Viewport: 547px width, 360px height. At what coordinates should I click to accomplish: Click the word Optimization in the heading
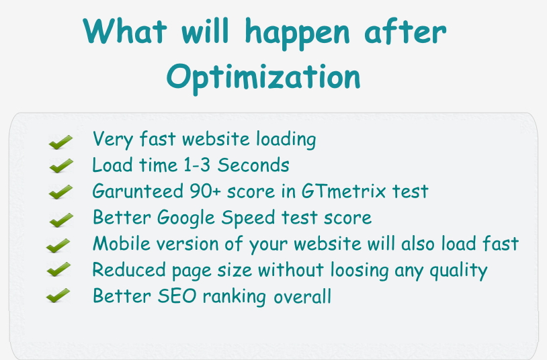263,78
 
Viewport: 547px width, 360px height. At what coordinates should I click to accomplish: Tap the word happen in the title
297,33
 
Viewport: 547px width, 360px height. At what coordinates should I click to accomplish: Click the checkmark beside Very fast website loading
60,142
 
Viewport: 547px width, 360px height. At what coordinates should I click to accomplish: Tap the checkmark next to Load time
61,166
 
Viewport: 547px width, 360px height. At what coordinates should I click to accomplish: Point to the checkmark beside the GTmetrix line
60,192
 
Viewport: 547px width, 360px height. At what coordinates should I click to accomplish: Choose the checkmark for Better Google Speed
61,220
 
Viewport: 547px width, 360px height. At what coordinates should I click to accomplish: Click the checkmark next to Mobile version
58,246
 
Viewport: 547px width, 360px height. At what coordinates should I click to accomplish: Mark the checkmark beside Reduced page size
58,269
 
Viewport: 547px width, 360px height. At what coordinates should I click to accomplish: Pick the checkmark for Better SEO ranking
58,296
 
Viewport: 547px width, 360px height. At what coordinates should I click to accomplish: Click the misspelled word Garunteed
138,191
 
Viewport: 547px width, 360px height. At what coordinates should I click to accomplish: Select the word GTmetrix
343,191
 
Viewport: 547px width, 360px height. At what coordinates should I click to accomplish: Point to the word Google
186,218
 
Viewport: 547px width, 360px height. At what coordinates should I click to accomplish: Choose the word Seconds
253,165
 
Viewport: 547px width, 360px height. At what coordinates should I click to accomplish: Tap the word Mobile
122,243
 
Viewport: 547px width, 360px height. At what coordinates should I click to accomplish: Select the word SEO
177,296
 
